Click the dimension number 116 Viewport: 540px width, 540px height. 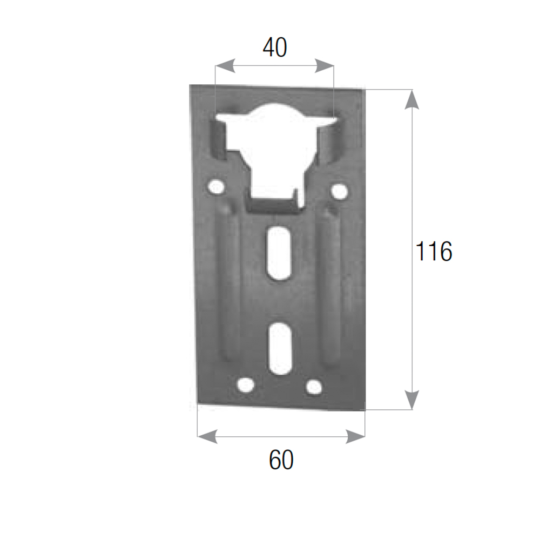click(434, 251)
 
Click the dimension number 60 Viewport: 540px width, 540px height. click(281, 460)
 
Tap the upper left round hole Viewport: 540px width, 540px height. click(216, 187)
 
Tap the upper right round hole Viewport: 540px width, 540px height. click(339, 191)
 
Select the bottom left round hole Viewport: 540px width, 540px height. click(246, 384)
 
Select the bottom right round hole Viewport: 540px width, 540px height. click(314, 387)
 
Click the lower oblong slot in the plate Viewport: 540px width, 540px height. click(281, 348)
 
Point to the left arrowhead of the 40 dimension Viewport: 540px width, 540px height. click(225, 66)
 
